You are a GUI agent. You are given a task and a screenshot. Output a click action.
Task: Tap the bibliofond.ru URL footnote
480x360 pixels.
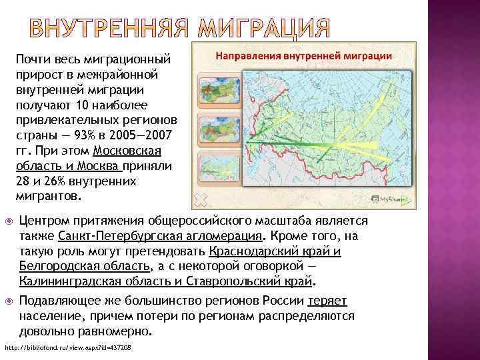coord(68,348)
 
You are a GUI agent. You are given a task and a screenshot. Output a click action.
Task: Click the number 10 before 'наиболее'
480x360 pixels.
coord(81,105)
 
